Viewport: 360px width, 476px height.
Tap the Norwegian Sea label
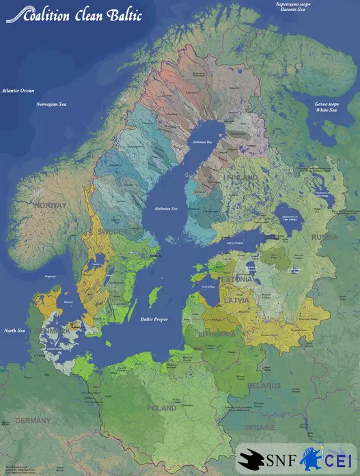click(x=51, y=104)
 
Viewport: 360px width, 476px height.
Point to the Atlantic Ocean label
click(x=18, y=90)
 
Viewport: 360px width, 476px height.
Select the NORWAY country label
click(x=51, y=206)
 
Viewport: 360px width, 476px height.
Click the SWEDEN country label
click(x=111, y=232)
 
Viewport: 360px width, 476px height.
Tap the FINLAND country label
click(x=242, y=178)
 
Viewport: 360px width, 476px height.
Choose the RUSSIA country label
click(x=325, y=237)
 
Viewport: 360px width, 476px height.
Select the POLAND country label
click(x=162, y=408)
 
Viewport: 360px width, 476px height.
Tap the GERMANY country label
click(x=33, y=420)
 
